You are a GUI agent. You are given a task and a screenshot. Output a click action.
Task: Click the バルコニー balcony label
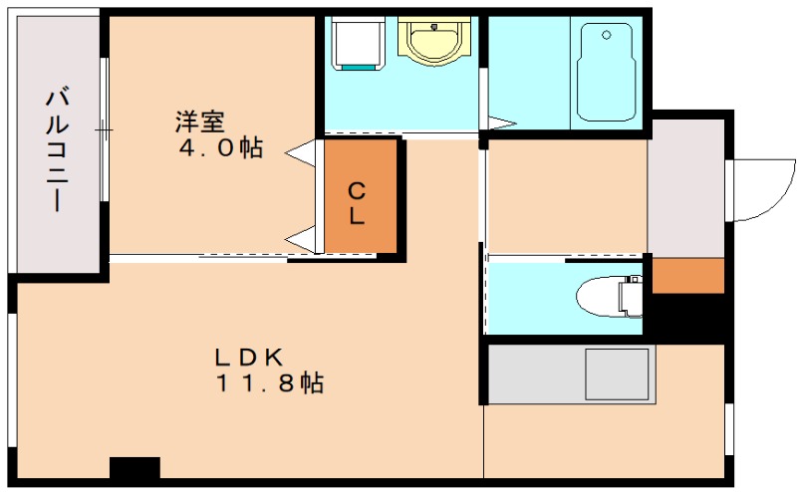[58, 149]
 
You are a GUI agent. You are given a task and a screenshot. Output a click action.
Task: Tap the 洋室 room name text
[199, 123]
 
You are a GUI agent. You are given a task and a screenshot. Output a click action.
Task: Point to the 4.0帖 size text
[221, 149]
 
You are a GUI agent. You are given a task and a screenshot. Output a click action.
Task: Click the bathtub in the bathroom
[606, 72]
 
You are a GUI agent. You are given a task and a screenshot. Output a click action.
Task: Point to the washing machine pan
[357, 45]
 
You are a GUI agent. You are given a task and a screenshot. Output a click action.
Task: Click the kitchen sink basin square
[618, 373]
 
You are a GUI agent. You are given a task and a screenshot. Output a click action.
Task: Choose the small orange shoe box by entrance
[687, 276]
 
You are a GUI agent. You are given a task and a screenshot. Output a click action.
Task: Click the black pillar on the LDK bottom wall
[134, 468]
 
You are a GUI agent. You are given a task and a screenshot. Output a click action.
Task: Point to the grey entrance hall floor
[686, 189]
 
